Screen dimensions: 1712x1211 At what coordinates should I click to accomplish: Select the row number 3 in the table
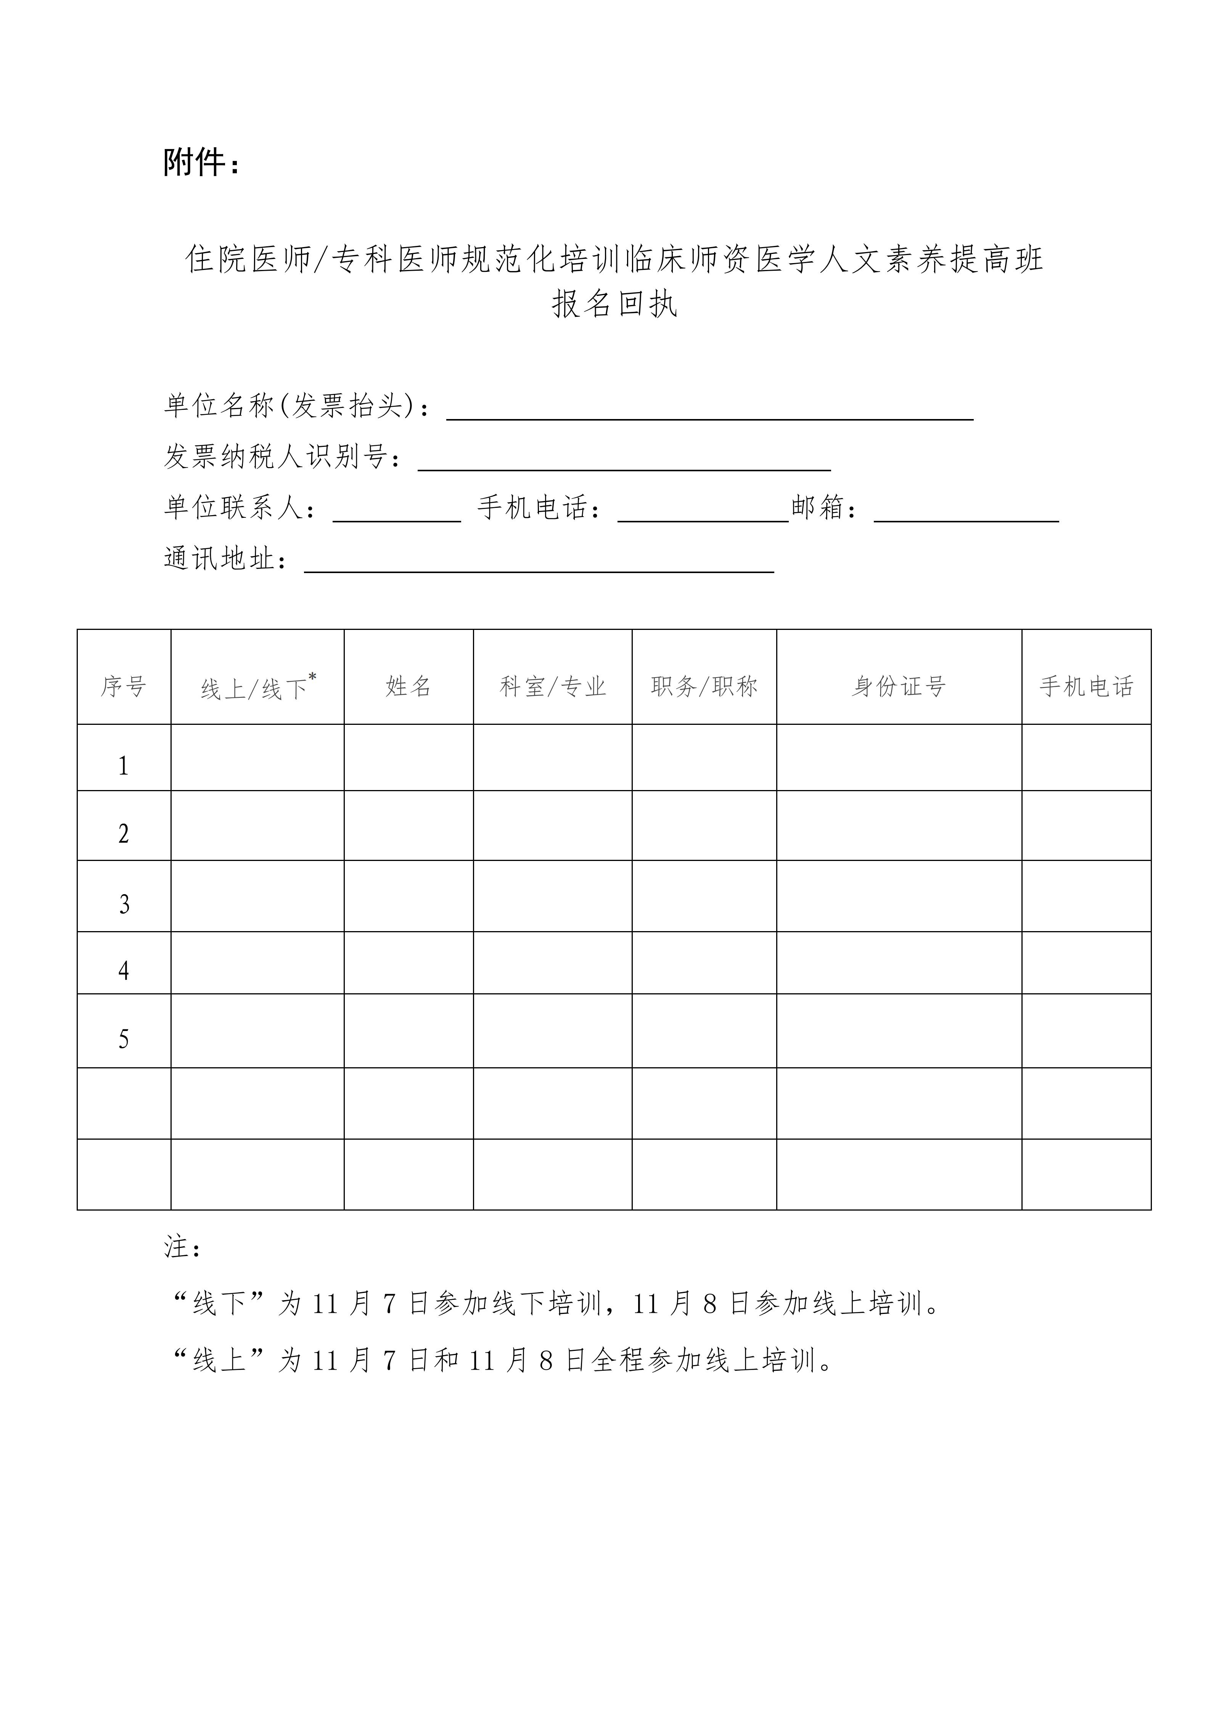pos(124,904)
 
